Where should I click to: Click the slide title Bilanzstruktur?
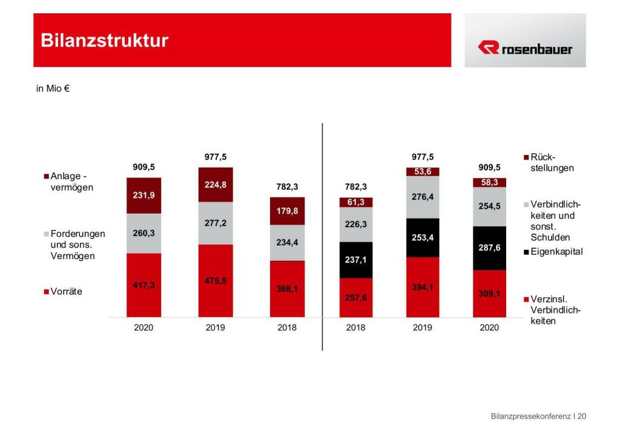[104, 41]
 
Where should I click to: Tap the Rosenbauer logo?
[524, 48]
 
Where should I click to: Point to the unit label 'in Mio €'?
[53, 89]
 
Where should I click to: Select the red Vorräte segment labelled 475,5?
[216, 281]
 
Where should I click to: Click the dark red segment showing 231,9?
[144, 195]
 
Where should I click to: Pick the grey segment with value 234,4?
[287, 243]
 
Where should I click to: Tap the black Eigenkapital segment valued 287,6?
[489, 248]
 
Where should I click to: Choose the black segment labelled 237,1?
[356, 260]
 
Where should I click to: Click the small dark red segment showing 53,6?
[423, 172]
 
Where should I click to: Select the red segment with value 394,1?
[423, 287]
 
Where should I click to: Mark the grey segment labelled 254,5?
[489, 206]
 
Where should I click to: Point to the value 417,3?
[144, 285]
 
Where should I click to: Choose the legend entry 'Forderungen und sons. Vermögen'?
[74, 244]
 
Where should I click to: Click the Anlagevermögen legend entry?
[70, 182]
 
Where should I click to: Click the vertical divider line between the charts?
[323, 236]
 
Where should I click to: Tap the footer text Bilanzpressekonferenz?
[531, 416]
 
